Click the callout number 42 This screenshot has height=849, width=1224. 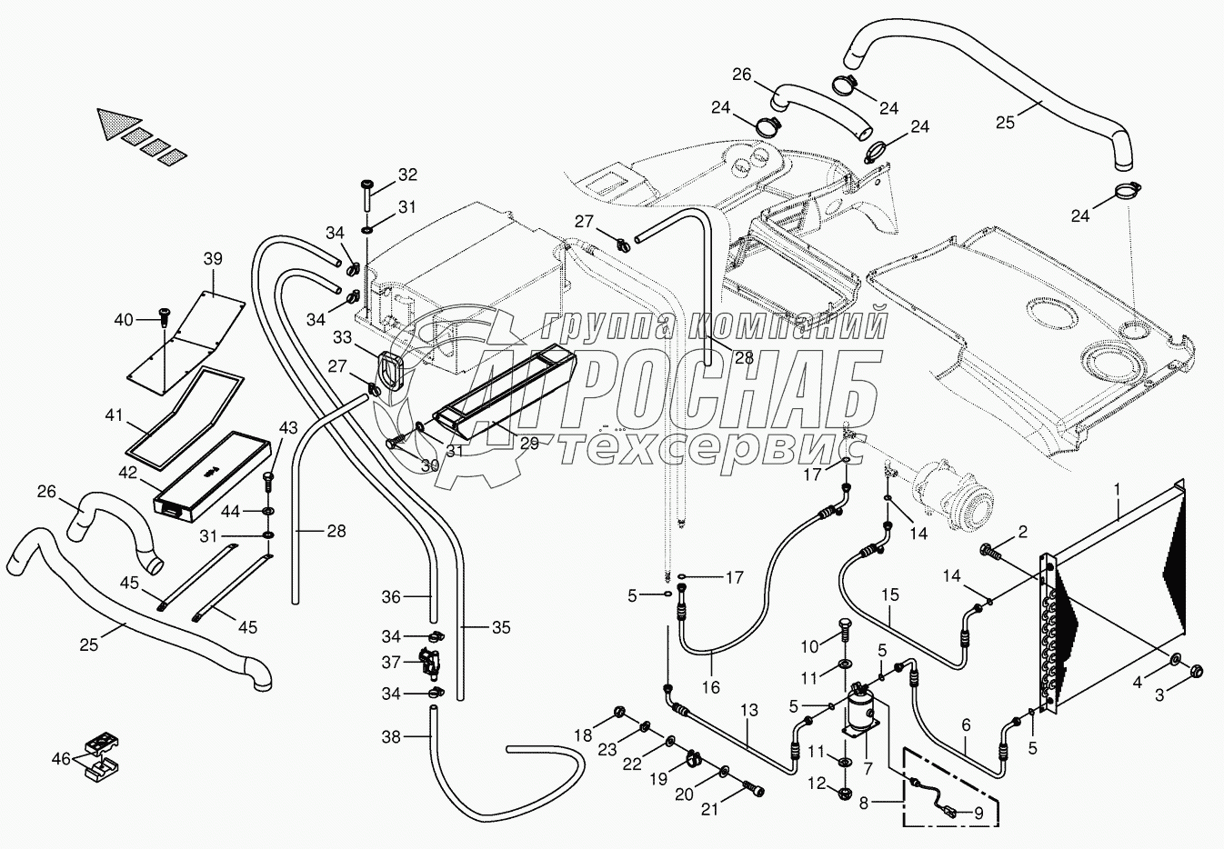tap(127, 473)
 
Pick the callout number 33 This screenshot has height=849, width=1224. tap(342, 338)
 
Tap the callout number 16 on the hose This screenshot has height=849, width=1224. tap(711, 688)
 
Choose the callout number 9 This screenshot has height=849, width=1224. tap(978, 814)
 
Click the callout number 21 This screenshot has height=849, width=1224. tap(709, 808)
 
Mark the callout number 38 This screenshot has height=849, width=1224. tap(391, 737)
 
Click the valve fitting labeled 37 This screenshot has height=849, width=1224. tap(427, 663)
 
